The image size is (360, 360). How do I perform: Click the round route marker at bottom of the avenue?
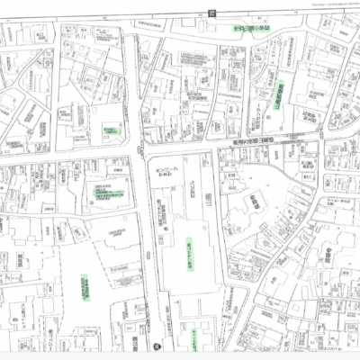(156, 345)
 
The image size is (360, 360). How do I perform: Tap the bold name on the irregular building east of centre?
(254, 205)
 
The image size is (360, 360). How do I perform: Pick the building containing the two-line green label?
(112, 194)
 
